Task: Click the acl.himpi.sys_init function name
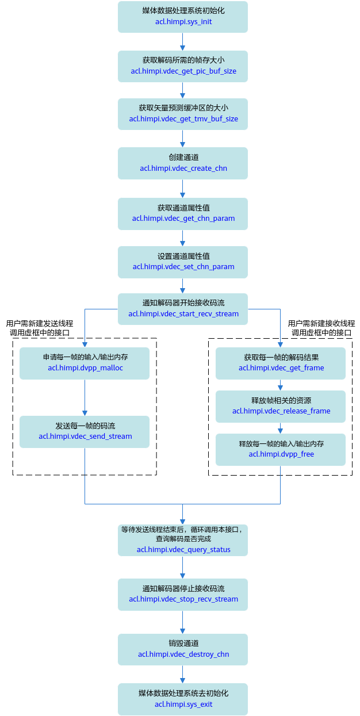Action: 183,22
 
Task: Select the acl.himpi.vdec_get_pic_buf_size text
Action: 183,71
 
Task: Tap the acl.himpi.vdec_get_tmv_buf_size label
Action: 183,119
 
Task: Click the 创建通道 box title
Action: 183,157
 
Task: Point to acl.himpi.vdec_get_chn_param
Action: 183,219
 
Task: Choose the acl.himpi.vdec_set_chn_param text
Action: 183,267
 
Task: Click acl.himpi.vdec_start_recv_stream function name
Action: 183,314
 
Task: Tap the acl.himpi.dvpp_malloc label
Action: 85,368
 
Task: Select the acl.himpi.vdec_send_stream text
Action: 85,437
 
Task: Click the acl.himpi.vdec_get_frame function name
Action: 281,368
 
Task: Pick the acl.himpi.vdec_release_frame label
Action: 281,411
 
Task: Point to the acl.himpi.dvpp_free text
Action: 281,454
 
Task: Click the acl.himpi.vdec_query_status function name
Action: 183,549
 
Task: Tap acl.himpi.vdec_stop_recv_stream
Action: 183,599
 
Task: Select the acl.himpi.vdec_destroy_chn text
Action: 183,654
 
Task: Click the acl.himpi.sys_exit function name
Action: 183,704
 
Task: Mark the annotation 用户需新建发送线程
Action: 40,323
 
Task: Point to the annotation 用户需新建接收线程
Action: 321,323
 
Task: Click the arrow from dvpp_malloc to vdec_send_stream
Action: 85,397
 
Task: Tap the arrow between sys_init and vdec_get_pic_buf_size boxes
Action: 182,41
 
